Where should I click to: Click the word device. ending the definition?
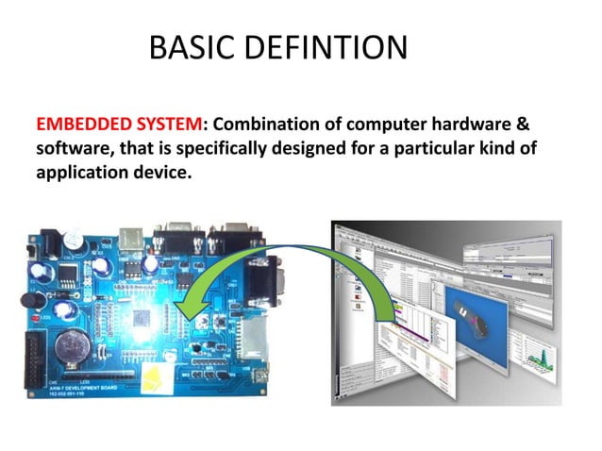[x=154, y=174]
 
